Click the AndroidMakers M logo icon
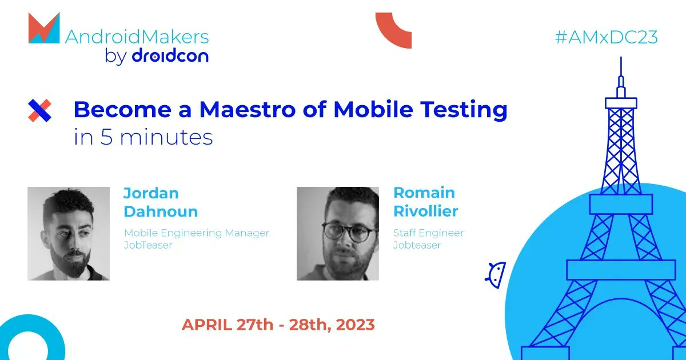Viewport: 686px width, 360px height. click(44, 29)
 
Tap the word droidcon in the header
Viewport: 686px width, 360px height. click(170, 57)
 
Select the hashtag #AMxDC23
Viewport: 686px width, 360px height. click(606, 37)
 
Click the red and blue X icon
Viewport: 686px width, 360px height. click(40, 110)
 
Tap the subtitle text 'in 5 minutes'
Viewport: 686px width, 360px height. click(143, 138)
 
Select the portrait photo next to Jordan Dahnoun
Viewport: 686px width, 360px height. click(69, 233)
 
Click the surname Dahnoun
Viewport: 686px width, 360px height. click(161, 211)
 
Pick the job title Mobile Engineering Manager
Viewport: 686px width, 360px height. click(196, 233)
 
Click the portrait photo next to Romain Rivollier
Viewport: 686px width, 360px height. click(337, 233)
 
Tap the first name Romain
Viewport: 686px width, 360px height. click(424, 193)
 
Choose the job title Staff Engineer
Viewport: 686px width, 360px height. click(428, 233)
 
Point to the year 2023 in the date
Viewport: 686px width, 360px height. click(356, 325)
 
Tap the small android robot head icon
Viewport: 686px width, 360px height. click(495, 274)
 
